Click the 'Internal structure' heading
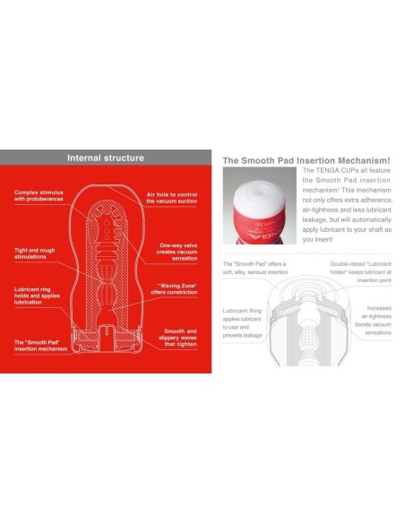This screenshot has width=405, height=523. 106,158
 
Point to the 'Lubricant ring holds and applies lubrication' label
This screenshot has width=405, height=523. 37,296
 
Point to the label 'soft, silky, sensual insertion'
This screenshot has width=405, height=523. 254,270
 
